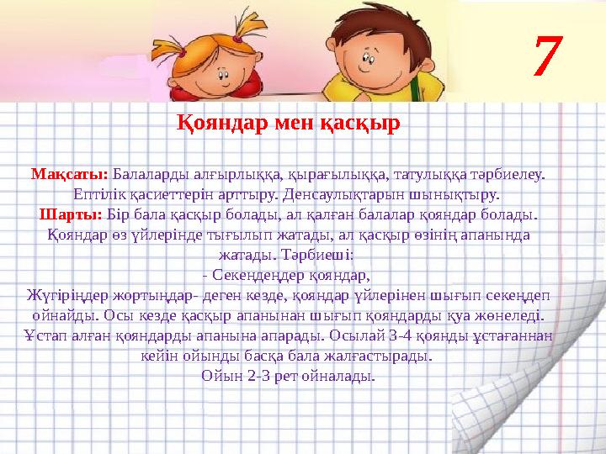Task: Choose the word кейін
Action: (155, 356)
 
